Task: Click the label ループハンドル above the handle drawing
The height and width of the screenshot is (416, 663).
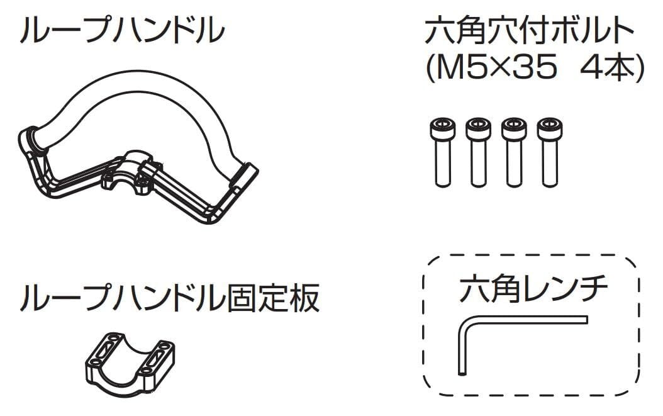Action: click(121, 30)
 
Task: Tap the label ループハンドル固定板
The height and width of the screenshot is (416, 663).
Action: click(170, 298)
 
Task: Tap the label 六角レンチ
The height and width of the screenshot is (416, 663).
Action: click(533, 290)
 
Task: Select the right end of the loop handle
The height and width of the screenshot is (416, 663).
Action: click(245, 174)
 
